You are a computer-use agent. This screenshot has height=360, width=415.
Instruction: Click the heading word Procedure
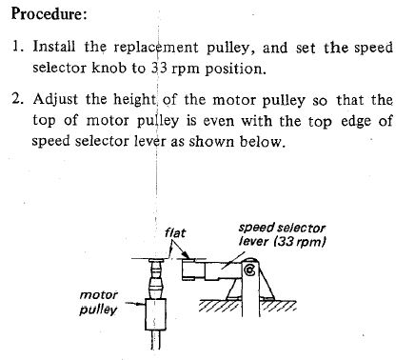(49, 13)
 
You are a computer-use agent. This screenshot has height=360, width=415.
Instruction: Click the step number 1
(16, 47)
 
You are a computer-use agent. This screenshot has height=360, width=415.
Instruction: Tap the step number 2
(17, 99)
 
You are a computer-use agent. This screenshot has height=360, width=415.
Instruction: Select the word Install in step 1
(54, 47)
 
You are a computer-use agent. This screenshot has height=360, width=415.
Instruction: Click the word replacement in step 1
(156, 48)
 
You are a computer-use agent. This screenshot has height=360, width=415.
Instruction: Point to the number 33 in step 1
(159, 68)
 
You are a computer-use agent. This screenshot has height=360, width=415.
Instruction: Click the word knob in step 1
(109, 68)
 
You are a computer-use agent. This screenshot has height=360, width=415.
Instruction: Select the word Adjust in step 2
(55, 99)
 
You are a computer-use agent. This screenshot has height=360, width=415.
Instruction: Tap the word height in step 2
(135, 99)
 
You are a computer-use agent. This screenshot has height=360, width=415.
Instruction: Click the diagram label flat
(175, 233)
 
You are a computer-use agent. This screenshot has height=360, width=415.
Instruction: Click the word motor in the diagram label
(98, 295)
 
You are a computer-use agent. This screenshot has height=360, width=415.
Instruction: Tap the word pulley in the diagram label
(98, 310)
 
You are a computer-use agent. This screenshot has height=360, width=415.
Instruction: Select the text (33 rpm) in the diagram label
(300, 242)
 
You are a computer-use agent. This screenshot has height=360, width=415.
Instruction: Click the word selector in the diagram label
(301, 228)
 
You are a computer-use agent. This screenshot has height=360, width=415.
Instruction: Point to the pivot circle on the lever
(249, 270)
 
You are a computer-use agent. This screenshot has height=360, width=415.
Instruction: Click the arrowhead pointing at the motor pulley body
(140, 304)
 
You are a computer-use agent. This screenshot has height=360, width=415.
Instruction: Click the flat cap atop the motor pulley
(156, 260)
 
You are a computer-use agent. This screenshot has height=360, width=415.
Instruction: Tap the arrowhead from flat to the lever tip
(187, 255)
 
